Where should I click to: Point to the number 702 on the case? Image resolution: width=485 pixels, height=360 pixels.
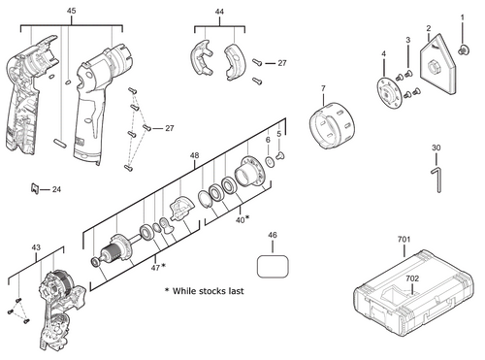pos(412,278)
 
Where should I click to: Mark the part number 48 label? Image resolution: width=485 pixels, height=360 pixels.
pos(194,155)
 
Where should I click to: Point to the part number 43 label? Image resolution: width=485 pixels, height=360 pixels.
pos(36,247)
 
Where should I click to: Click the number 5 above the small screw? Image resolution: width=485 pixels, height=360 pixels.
pos(280,133)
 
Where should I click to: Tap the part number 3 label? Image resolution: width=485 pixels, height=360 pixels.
pos(408,39)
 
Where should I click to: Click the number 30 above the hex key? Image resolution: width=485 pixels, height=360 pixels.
pos(436,147)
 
